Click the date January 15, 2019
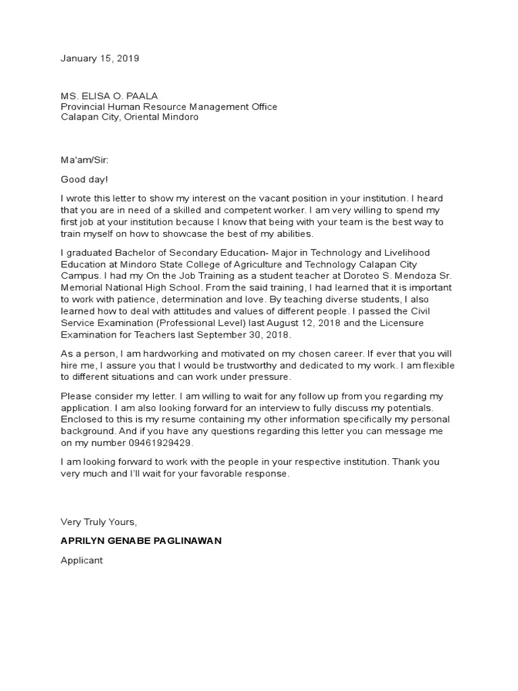[x=100, y=59]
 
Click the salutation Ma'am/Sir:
[x=84, y=161]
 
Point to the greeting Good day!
[x=84, y=180]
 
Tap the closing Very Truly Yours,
[x=98, y=522]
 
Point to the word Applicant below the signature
[x=82, y=561]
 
